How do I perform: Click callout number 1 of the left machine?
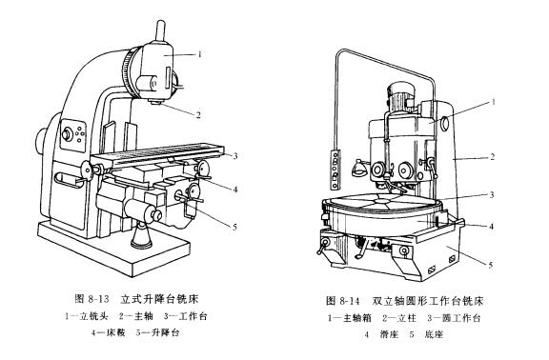click(199, 54)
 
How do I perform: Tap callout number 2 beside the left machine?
click(198, 114)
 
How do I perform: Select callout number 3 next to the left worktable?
click(235, 155)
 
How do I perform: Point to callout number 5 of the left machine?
click(234, 227)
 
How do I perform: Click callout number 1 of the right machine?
click(494, 102)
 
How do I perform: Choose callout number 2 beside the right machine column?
click(492, 156)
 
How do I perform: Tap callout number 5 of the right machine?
click(491, 265)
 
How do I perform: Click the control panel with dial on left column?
click(72, 135)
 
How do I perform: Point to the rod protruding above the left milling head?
click(160, 31)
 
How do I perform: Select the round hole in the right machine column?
click(444, 123)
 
